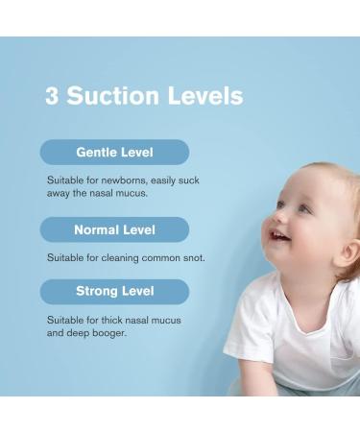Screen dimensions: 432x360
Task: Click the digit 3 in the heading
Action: [52, 96]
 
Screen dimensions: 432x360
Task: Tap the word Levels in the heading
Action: [204, 96]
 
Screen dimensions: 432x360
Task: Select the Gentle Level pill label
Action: [114, 153]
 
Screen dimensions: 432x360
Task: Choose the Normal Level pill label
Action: [114, 230]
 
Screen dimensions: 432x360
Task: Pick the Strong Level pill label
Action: [114, 291]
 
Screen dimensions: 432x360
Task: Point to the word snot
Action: [191, 257]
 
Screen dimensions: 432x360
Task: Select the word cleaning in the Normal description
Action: [119, 257]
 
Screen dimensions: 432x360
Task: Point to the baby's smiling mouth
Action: [281, 236]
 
